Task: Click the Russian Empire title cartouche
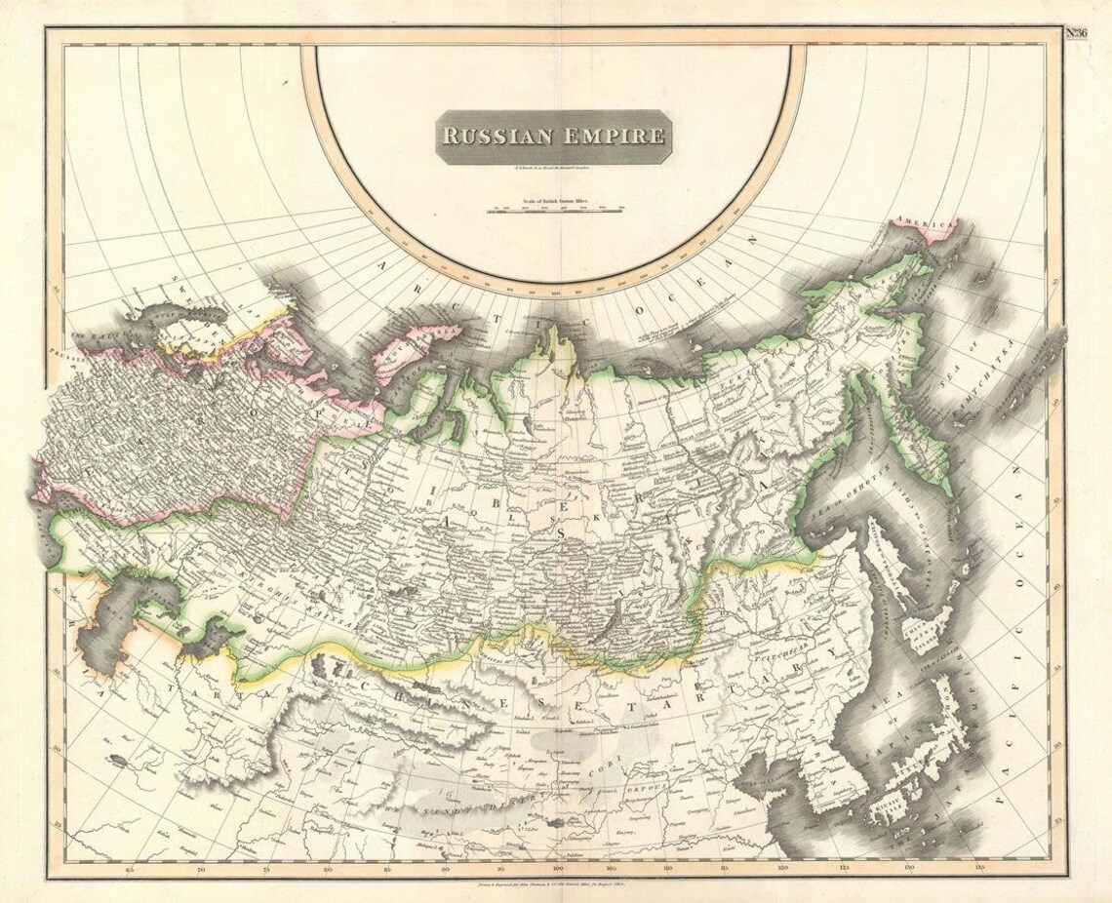553,136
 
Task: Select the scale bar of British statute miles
557,209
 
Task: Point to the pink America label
924,224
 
